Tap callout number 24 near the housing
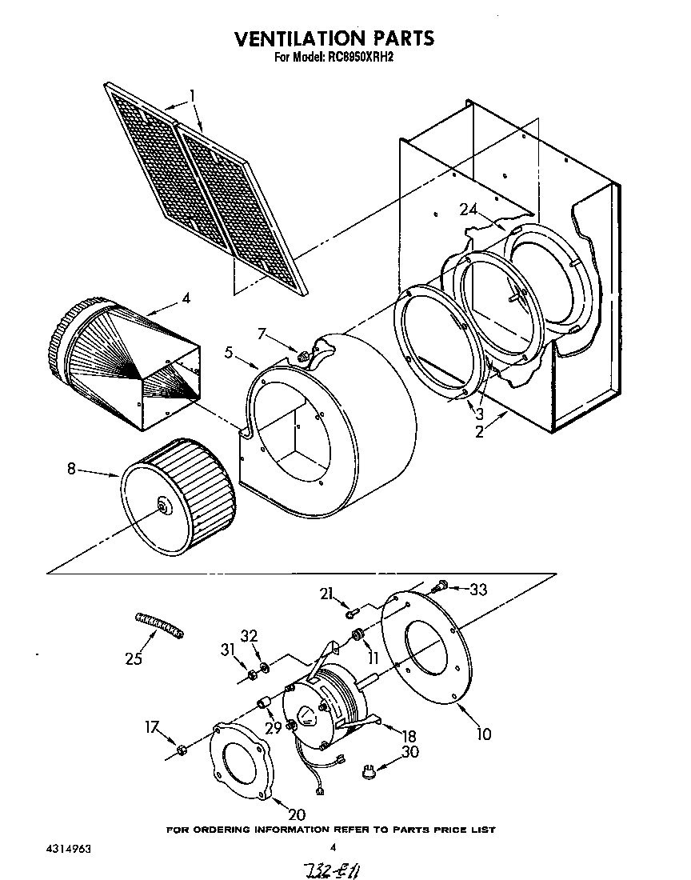(x=469, y=210)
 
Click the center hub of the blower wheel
(x=164, y=504)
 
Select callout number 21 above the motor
(x=326, y=592)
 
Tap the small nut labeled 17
(x=181, y=749)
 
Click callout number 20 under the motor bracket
(x=296, y=814)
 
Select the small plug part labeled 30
(x=369, y=772)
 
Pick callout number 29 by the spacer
(x=274, y=727)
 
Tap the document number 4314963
(x=57, y=848)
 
